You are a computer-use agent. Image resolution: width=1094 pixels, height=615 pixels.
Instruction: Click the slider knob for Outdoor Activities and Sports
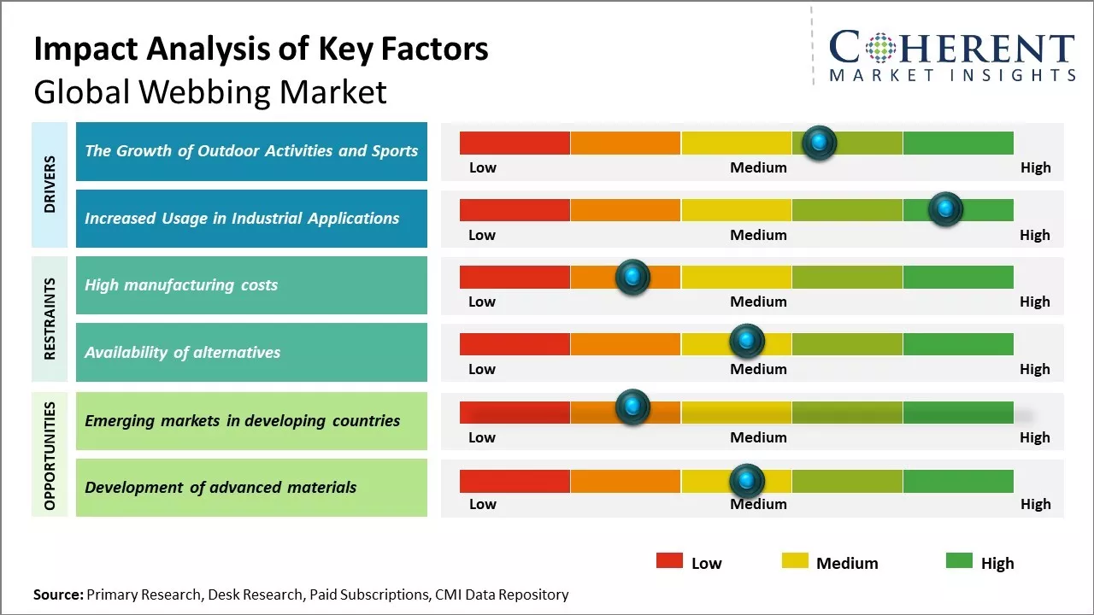[x=820, y=143]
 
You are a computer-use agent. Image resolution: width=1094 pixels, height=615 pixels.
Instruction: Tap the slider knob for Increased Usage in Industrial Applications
[x=945, y=209]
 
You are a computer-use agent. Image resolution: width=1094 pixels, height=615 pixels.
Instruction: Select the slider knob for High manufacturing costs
[x=632, y=277]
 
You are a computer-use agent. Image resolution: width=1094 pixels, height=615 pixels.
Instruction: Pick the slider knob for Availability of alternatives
[x=747, y=342]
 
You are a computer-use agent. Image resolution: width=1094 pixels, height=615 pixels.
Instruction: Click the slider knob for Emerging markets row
[x=632, y=407]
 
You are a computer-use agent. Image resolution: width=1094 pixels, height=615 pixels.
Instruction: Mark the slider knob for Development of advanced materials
[x=747, y=481]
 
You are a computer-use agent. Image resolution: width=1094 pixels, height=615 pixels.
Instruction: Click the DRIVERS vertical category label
[x=50, y=184]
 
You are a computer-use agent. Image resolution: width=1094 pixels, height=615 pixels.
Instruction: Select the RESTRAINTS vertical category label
[x=50, y=319]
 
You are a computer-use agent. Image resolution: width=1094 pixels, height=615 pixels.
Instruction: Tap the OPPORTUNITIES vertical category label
[x=50, y=455]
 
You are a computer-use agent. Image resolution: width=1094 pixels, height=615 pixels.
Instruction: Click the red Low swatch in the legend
[x=669, y=561]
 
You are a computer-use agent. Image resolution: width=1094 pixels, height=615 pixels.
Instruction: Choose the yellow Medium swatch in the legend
[x=795, y=561]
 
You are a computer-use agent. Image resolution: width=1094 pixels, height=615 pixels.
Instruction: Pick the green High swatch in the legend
[x=959, y=561]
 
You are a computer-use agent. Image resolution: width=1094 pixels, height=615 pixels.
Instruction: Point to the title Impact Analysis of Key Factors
[x=261, y=49]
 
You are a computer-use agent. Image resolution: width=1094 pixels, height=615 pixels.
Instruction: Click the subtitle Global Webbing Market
[x=210, y=91]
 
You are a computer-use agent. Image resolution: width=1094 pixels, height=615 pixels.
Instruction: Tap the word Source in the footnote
[x=58, y=594]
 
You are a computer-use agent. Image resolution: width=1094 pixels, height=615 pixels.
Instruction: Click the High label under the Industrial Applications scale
[x=1034, y=235]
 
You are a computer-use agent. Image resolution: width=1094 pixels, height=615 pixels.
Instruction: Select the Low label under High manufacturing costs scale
[x=482, y=302]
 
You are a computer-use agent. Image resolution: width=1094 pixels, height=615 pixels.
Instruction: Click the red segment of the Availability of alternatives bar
[x=515, y=344]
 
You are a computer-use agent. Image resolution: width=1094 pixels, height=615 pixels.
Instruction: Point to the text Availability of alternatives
[x=182, y=352]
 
